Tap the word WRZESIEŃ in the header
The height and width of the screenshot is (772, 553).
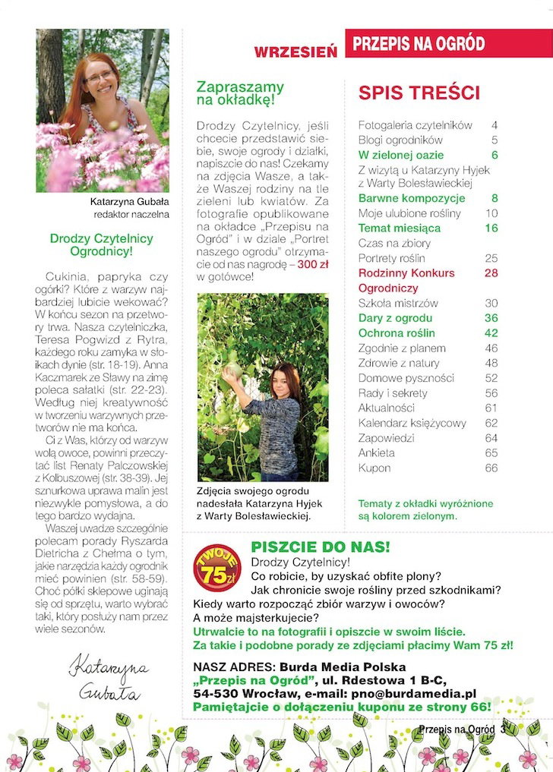point(295,52)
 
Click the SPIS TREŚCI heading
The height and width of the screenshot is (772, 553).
point(419,93)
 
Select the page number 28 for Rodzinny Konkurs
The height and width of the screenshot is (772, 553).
point(491,273)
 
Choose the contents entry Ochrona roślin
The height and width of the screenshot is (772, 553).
point(397,332)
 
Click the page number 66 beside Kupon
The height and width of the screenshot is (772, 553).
point(491,468)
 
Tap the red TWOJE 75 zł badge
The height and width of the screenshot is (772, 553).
point(217,566)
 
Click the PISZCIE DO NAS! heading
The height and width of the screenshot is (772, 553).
point(321,547)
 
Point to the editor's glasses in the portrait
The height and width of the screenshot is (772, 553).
point(100,76)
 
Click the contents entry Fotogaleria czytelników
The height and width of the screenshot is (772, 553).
point(415,124)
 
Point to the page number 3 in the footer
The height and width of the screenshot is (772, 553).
point(503,729)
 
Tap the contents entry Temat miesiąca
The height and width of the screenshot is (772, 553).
point(399,228)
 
